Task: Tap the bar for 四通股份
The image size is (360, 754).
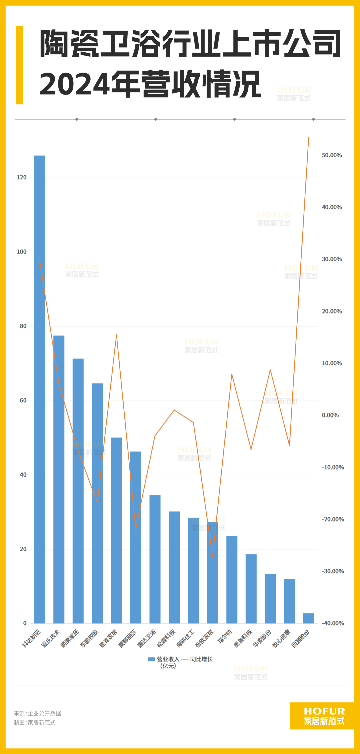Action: pyautogui.click(x=309, y=618)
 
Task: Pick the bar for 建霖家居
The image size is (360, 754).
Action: pyautogui.click(x=117, y=530)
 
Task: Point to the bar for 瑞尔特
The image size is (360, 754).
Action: pyautogui.click(x=232, y=579)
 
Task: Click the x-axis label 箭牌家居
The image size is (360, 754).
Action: pyautogui.click(x=70, y=638)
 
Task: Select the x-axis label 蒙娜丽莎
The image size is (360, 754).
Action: pyautogui.click(x=128, y=638)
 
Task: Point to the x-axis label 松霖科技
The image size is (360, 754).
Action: pyautogui.click(x=166, y=638)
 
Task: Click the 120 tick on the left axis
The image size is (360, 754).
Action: pyautogui.click(x=22, y=178)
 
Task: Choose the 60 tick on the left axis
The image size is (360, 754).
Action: pyautogui.click(x=23, y=400)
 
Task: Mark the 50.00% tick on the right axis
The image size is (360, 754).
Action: pyautogui.click(x=332, y=155)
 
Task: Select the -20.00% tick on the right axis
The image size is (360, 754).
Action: pyautogui.click(x=333, y=519)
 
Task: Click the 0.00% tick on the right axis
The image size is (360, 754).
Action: pyautogui.click(x=330, y=415)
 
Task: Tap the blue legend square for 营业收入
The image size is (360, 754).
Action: pyautogui.click(x=151, y=659)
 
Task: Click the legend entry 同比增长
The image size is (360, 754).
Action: pyautogui.click(x=201, y=659)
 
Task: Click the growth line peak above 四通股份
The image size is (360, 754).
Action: pyautogui.click(x=309, y=137)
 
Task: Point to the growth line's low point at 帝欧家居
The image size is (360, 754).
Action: pyautogui.click(x=212, y=556)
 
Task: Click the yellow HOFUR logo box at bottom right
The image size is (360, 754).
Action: pyautogui.click(x=322, y=716)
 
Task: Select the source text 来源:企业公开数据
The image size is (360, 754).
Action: pyautogui.click(x=37, y=713)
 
